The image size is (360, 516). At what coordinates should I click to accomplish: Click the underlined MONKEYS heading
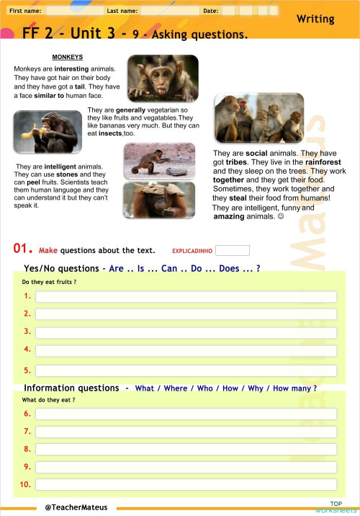coord(68,57)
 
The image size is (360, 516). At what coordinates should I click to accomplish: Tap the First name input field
coord(73,12)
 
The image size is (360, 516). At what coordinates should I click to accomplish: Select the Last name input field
coord(169,12)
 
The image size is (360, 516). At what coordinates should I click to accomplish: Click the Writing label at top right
coord(325,19)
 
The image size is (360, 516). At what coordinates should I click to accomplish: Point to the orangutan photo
coord(158,200)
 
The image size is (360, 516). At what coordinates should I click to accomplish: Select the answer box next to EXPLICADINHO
coord(232,251)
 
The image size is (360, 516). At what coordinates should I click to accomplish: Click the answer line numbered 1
coord(186,296)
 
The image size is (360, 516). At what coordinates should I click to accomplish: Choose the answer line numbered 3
coord(186,332)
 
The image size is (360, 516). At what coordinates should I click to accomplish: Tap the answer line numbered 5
coord(186,370)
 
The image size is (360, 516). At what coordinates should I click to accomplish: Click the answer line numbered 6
coord(186,414)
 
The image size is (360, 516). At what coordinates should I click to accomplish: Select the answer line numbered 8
coord(186,449)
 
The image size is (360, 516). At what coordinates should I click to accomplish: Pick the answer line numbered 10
coord(186,484)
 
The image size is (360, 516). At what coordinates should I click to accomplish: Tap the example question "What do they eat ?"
coord(49,400)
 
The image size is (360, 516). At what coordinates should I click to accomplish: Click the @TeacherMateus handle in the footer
coord(76,507)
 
